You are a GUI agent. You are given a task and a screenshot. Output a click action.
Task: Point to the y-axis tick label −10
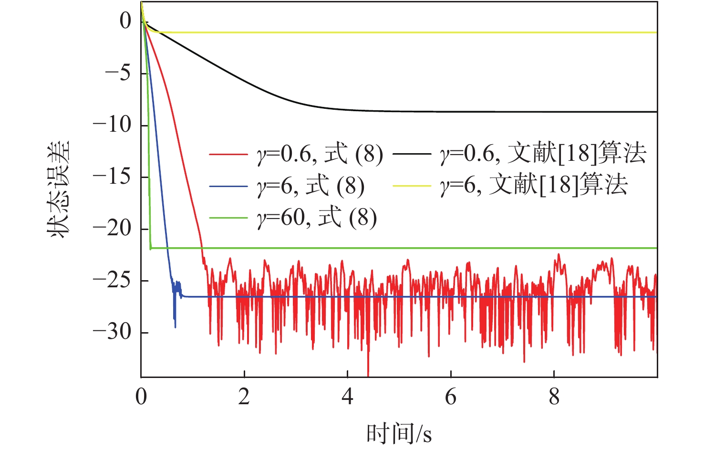112,125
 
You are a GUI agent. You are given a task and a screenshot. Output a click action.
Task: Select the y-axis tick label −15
112,177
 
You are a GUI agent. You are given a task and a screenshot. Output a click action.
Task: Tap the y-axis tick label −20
112,229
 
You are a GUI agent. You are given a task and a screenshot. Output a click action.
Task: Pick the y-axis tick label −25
112,281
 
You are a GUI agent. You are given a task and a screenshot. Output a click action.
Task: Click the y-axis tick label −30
112,333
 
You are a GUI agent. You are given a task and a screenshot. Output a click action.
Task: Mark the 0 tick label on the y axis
125,21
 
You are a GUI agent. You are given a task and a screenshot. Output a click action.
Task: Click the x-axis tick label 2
244,397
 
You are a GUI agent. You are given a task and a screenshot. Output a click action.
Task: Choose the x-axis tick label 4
348,397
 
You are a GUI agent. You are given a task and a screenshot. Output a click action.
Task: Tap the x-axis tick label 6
451,397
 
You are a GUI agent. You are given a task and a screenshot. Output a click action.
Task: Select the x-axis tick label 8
554,397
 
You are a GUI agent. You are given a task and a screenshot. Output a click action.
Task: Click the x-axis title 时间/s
399,434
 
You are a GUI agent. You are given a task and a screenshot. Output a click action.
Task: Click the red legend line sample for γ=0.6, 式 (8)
228,155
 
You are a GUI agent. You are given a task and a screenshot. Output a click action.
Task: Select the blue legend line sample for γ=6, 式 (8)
228,186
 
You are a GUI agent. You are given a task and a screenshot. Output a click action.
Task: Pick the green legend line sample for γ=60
228,218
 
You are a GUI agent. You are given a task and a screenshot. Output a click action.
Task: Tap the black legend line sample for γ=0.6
411,155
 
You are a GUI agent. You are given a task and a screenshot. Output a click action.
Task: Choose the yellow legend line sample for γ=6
411,186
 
